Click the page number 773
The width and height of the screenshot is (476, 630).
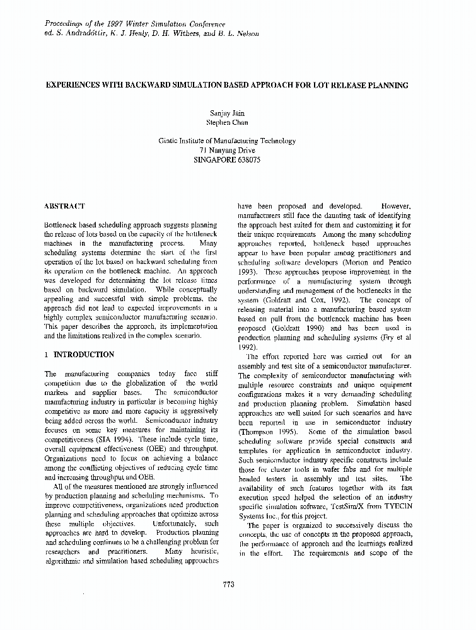228,584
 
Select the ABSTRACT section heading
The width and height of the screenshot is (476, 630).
64,207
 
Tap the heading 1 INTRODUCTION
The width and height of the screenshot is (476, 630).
79,355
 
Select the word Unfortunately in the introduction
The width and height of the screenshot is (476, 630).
178,524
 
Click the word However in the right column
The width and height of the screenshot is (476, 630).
396,206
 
